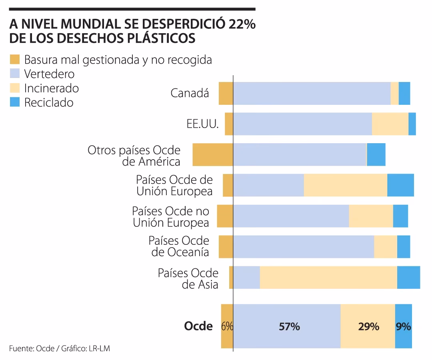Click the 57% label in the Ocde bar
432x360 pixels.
click(289, 326)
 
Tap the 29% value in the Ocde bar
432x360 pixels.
click(368, 326)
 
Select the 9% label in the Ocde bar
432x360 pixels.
click(403, 326)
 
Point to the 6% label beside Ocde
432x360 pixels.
click(227, 326)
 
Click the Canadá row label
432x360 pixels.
click(190, 93)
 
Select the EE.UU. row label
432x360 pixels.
click(202, 124)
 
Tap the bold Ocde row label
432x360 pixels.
click(198, 326)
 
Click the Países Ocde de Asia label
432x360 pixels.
click(188, 279)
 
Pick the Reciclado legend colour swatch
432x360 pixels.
click(15, 102)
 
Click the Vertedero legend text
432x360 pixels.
click(49, 74)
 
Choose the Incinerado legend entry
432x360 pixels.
click(51, 88)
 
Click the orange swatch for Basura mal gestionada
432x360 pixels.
click(15, 60)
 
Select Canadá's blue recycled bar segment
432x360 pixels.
click(404, 93)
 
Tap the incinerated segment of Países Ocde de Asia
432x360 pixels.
click(328, 277)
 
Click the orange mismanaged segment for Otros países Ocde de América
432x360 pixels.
click(212, 154)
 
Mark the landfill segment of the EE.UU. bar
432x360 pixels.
click(302, 124)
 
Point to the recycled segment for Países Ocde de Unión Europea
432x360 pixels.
click(400, 185)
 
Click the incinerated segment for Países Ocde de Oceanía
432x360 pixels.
click(385, 247)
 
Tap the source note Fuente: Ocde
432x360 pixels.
click(34, 348)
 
